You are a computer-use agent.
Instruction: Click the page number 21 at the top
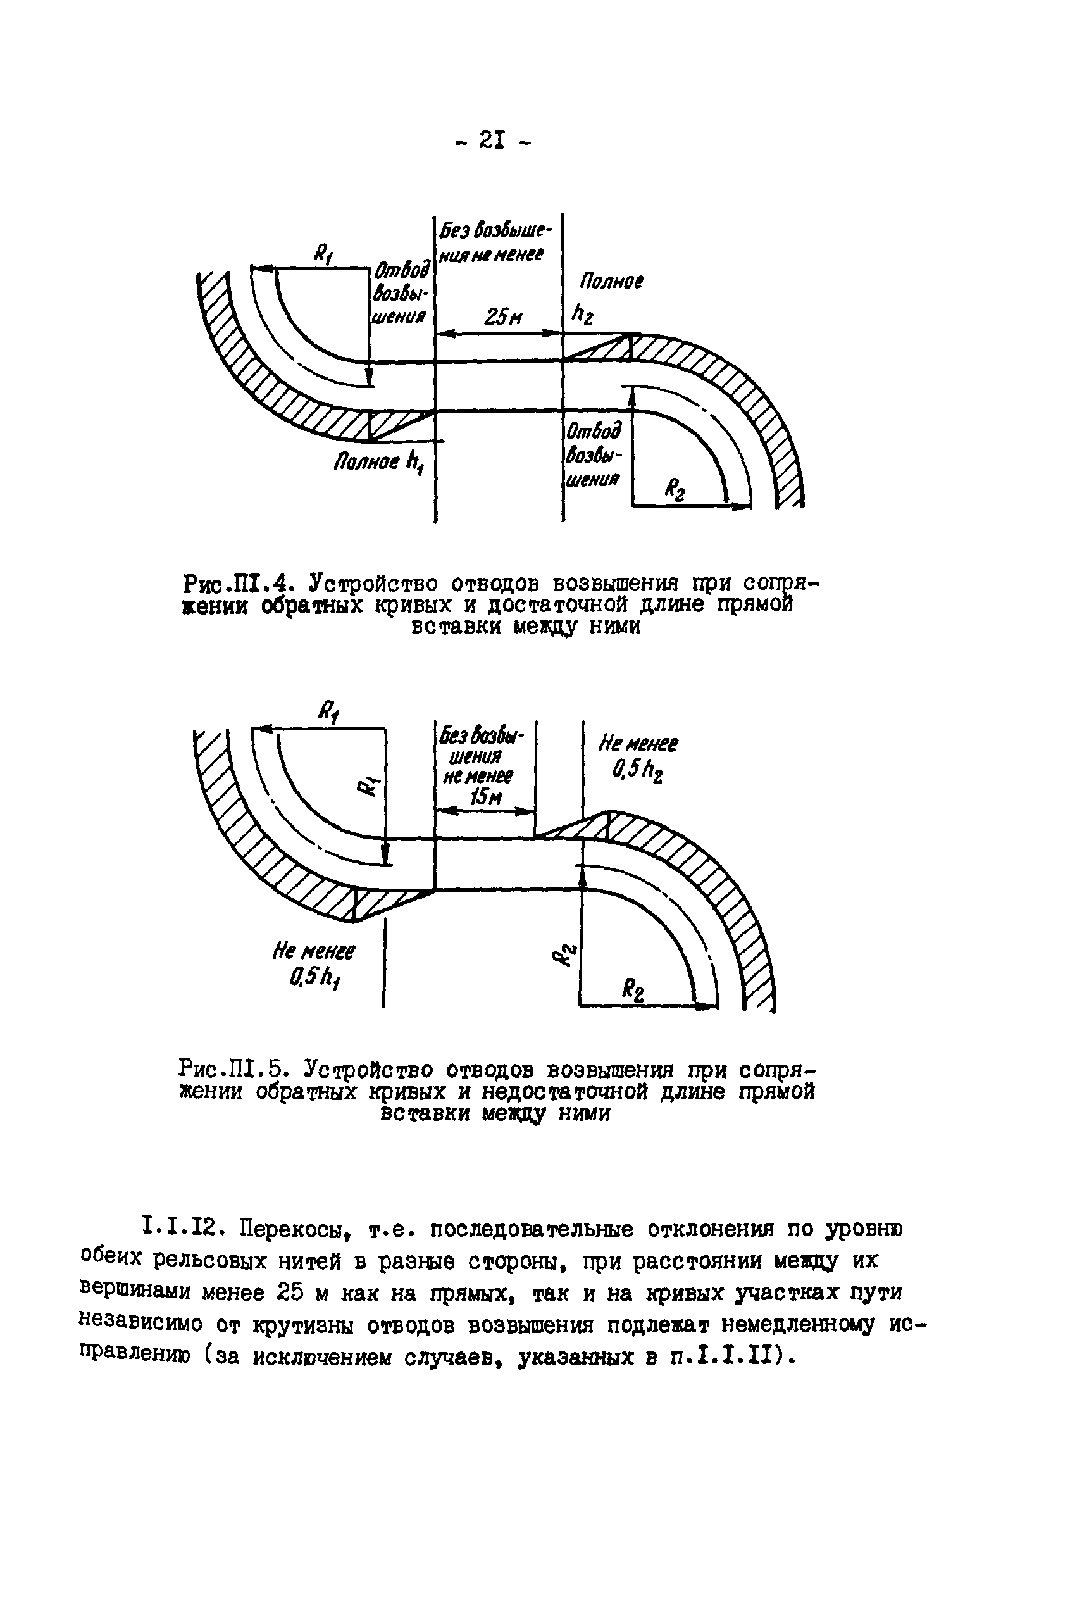click(x=490, y=141)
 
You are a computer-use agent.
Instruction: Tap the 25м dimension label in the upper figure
click(x=502, y=316)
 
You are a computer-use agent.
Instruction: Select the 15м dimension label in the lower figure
click(x=482, y=796)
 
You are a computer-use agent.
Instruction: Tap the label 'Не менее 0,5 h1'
click(x=313, y=964)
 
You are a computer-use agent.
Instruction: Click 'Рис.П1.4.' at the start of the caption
click(x=239, y=584)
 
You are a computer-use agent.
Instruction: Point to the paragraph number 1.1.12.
click(x=182, y=1229)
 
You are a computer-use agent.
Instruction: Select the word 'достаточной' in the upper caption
click(x=563, y=606)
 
